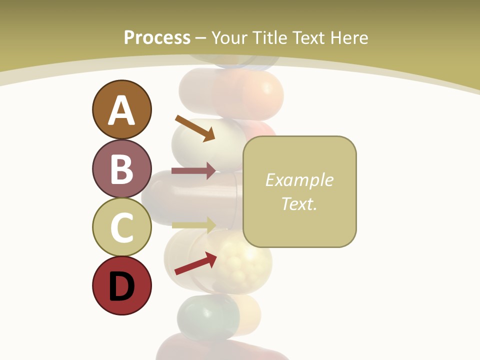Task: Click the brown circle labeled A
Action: (121, 109)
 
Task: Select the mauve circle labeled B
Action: (121, 168)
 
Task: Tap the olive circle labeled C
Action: (121, 227)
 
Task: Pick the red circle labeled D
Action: (121, 286)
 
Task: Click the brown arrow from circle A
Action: (195, 128)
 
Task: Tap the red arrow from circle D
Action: (195, 263)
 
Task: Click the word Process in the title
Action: (157, 37)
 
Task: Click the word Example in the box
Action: (299, 180)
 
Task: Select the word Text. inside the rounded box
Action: (299, 203)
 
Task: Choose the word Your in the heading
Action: (230, 37)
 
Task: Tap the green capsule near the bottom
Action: (207, 316)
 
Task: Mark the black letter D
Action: (121, 286)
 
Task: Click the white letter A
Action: (121, 110)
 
